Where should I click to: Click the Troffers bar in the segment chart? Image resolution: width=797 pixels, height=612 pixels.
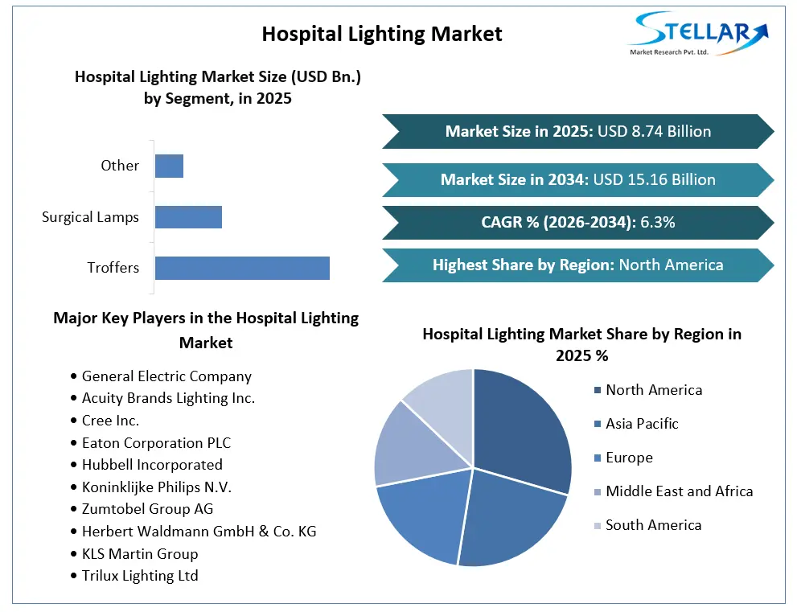242,268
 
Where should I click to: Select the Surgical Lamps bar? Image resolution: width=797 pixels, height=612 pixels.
188,217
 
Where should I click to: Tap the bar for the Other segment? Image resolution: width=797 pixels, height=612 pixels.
169,166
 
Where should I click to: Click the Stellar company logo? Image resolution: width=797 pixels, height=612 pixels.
699,34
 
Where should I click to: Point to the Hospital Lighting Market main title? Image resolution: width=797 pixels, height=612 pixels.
382,34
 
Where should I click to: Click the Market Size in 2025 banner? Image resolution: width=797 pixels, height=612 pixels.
578,132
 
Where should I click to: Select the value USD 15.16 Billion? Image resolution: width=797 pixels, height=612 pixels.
654,179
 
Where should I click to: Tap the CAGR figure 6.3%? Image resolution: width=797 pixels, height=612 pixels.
658,222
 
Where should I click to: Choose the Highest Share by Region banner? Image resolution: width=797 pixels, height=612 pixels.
578,265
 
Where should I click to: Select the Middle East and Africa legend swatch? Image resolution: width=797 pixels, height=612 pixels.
598,492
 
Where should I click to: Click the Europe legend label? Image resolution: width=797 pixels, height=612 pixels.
629,458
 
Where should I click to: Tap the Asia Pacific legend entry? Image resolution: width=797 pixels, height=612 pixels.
636,424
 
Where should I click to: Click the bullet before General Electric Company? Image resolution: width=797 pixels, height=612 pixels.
74,376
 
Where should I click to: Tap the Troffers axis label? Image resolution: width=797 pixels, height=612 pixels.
113,267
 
